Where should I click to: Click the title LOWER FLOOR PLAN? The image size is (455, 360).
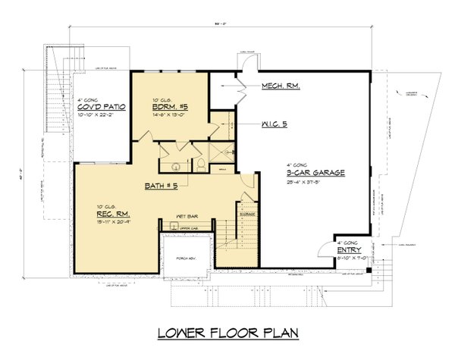coord(227,333)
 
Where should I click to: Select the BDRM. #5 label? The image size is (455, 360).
coord(170,108)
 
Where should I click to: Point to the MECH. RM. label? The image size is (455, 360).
coord(281,86)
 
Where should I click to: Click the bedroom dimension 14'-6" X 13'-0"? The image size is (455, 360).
coord(170,117)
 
